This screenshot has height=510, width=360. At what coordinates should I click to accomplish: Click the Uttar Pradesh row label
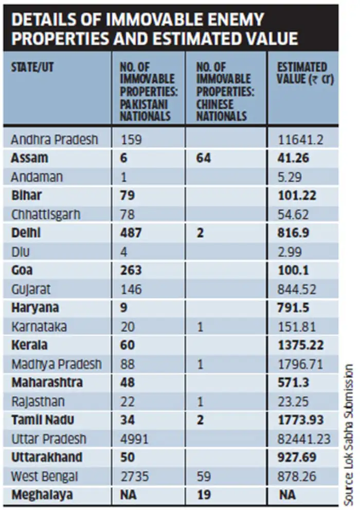coord(49,439)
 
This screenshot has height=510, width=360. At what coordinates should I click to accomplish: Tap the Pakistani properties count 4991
coord(132,439)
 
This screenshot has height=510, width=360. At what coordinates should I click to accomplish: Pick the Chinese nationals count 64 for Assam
coord(204,158)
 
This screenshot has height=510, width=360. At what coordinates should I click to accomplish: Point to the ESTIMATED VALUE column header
coord(302,74)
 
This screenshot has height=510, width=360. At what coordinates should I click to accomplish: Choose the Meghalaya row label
coord(42,495)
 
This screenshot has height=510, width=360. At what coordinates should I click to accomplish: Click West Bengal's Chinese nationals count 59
coord(204,476)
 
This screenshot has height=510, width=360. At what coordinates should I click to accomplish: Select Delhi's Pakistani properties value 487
coord(131,233)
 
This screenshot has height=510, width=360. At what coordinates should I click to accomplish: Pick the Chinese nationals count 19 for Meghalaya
coord(203,495)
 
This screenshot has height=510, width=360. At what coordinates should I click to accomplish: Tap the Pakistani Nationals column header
coord(146,91)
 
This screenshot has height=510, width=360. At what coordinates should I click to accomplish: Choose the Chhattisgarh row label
coord(45,214)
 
